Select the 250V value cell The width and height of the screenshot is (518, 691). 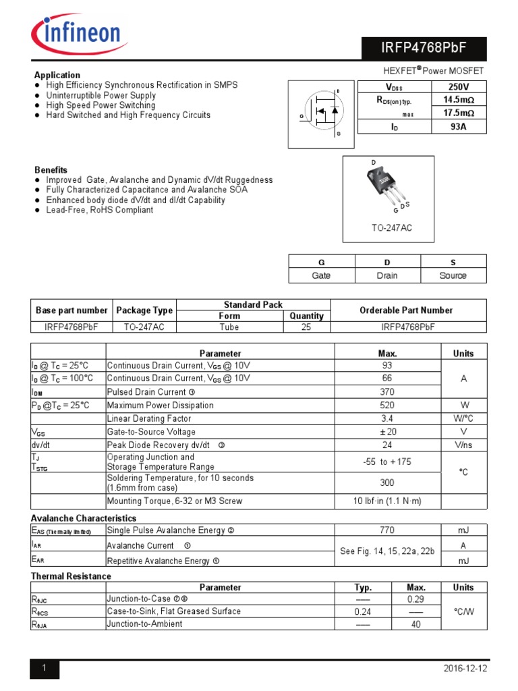pos(458,86)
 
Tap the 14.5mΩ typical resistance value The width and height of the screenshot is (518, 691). pos(458,99)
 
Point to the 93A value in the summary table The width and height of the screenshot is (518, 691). pos(458,126)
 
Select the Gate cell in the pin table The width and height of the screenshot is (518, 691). pos(321,275)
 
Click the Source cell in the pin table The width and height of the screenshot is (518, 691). pos(453,275)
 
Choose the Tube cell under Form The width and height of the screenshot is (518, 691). pos(229,327)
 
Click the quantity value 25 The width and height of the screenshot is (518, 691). pos(307,327)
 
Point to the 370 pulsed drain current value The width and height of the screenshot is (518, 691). pos(387,392)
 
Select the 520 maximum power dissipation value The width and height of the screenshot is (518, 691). pos(387,406)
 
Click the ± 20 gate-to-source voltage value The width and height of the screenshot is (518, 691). pos(387,432)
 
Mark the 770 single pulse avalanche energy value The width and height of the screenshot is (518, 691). pos(387,530)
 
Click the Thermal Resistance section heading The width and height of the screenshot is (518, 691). pos(71,576)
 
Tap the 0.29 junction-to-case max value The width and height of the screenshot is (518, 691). pos(415,599)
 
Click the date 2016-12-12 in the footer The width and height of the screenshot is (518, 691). pos(465,669)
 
